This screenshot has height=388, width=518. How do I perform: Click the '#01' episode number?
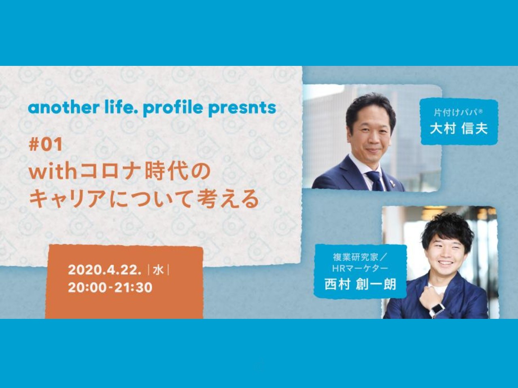(46, 144)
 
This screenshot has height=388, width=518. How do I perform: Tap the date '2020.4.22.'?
(104, 270)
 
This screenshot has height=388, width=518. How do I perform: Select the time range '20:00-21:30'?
(110, 288)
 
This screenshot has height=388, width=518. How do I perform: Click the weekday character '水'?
(158, 270)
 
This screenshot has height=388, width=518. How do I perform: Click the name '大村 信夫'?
(459, 129)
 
